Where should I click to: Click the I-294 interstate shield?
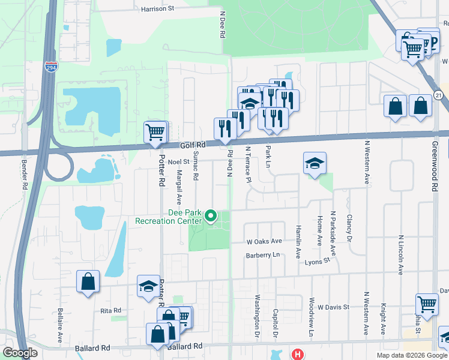point(51,66)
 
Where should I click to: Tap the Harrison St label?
point(157,9)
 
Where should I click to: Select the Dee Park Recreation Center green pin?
point(211,215)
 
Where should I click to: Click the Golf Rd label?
point(193,145)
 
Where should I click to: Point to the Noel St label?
point(178,161)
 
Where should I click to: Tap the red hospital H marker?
point(297,355)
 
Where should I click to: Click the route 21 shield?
point(439,95)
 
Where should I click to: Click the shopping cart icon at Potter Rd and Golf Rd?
point(155,131)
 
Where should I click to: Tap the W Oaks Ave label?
point(264,241)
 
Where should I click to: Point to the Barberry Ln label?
point(263,255)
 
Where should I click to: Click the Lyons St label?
point(318,261)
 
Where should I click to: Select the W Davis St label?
point(334,307)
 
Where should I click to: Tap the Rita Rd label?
point(111,310)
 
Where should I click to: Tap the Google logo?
point(20,353)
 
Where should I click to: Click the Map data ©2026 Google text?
point(412,355)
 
